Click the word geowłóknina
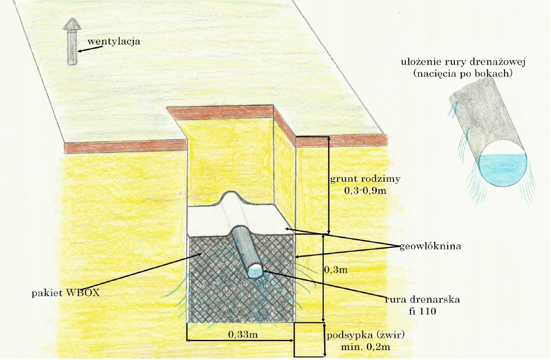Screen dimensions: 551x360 [430, 246]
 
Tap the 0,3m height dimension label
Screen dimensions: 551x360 [336, 269]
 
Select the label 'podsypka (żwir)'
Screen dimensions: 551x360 [365, 334]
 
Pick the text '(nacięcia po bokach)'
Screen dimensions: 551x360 [463, 73]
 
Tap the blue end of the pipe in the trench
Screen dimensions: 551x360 [255, 271]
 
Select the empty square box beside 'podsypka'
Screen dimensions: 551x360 [308, 339]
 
